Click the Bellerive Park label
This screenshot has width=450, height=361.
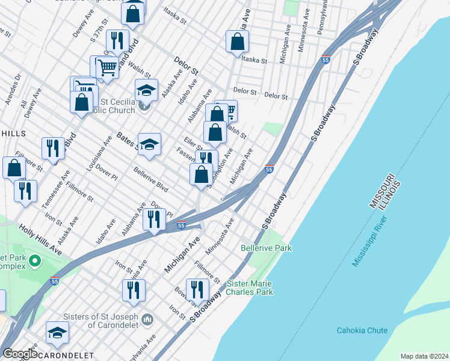[266, 248]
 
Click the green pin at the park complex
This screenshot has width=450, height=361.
[35, 261]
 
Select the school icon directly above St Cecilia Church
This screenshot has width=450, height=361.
[146, 90]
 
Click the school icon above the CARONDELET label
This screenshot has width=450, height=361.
[57, 332]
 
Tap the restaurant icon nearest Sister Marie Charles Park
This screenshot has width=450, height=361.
[197, 290]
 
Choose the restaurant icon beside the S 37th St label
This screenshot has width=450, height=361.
[117, 41]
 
